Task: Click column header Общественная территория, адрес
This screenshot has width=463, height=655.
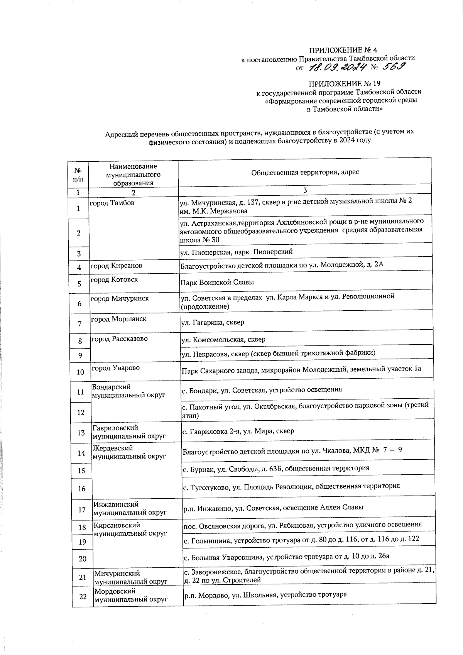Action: point(305,172)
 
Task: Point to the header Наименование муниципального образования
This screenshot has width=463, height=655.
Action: point(133,175)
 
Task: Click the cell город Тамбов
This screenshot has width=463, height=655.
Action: point(112,203)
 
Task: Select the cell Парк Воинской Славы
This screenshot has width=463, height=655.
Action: point(217,283)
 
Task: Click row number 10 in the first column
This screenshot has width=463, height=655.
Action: point(80,372)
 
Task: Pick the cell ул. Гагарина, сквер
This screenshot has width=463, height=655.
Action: point(213,322)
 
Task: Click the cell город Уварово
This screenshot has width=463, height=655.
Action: point(116,368)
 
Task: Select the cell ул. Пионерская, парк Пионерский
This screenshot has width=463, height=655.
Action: point(237,252)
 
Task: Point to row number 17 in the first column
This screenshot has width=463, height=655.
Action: point(82,510)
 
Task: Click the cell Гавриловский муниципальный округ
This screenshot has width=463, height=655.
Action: point(129,432)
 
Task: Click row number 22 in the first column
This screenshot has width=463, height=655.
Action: point(83,597)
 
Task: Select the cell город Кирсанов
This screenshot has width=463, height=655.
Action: point(116,266)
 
